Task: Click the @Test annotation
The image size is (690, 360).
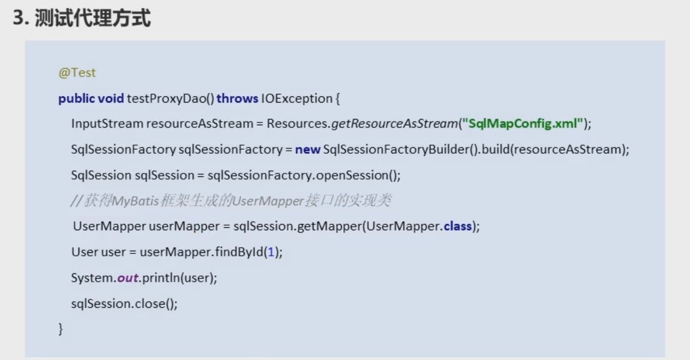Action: click(77, 73)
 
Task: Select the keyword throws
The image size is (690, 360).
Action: click(237, 98)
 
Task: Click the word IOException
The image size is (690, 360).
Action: click(297, 98)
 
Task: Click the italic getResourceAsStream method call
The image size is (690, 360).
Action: click(395, 124)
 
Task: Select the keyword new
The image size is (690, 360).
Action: click(307, 150)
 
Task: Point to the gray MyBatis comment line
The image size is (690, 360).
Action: click(231, 201)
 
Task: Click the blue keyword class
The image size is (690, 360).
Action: click(458, 226)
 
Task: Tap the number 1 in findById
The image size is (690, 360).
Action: click(271, 252)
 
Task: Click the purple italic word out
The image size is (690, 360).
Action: click(128, 278)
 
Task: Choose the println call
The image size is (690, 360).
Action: click(161, 278)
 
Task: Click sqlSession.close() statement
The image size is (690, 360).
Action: click(125, 304)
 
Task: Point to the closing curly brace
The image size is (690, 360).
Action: click(61, 329)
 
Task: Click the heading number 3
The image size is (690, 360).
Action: click(18, 18)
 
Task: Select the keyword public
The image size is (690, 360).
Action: click(76, 99)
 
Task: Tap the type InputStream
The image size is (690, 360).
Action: click(107, 124)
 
